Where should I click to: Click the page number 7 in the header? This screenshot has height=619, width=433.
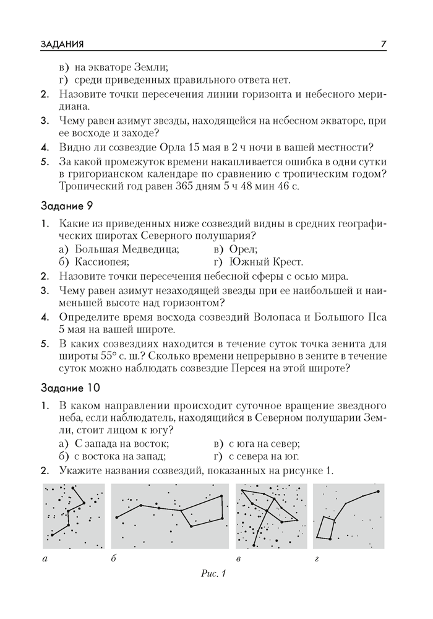[x=384, y=44]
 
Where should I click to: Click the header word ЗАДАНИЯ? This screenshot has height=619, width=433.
[x=62, y=44]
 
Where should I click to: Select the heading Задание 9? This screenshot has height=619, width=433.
[x=66, y=205]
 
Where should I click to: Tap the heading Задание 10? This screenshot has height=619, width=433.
[x=69, y=389]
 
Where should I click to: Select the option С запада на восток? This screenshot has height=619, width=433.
[x=121, y=444]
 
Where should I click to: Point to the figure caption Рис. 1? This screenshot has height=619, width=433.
[x=215, y=574]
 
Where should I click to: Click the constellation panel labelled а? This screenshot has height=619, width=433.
[x=74, y=516]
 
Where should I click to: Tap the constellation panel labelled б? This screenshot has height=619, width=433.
[x=171, y=516]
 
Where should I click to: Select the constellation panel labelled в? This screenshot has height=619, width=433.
[x=271, y=516]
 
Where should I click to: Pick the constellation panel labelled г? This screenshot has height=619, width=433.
[x=348, y=516]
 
